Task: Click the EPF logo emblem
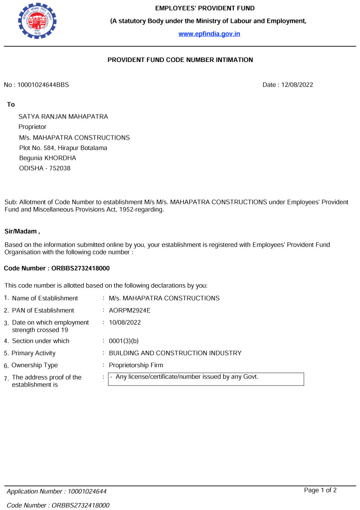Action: coord(37,21)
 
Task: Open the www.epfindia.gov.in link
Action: coord(209,34)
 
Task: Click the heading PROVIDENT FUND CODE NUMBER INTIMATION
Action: coord(180,60)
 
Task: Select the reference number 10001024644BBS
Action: coord(43,85)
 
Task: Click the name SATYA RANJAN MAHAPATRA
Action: coord(63,117)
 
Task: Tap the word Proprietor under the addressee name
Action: coord(32,127)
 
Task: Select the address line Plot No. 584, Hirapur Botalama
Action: coord(63,148)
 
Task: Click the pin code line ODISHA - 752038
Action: coord(45,168)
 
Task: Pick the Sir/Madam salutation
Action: coord(25,231)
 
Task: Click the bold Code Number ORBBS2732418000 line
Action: coord(56,268)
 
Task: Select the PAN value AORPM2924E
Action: coord(129,310)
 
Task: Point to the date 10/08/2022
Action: coord(124,322)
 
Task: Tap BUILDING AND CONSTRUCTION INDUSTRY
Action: coord(175,353)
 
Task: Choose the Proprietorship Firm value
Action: coord(136,365)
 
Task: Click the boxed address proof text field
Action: coord(206,379)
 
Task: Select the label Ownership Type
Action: coord(35,365)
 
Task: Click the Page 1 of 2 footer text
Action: coord(320,490)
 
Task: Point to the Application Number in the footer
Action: coord(56,492)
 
